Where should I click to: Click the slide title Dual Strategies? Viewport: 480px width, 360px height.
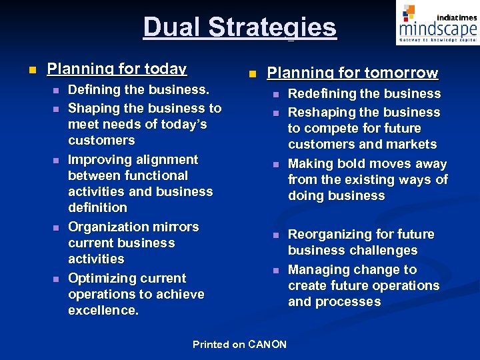[x=239, y=27]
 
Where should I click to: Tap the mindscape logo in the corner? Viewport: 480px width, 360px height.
[x=437, y=24]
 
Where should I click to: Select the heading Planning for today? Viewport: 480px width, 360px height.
[x=117, y=69]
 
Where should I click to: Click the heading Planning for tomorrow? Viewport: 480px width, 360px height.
[x=352, y=73]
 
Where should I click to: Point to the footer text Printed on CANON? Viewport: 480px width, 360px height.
[x=239, y=345]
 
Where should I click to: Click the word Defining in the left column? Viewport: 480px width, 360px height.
[x=95, y=90]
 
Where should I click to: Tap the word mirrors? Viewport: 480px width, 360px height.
[x=175, y=227]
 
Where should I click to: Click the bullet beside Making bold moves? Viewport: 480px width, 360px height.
[x=275, y=165]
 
